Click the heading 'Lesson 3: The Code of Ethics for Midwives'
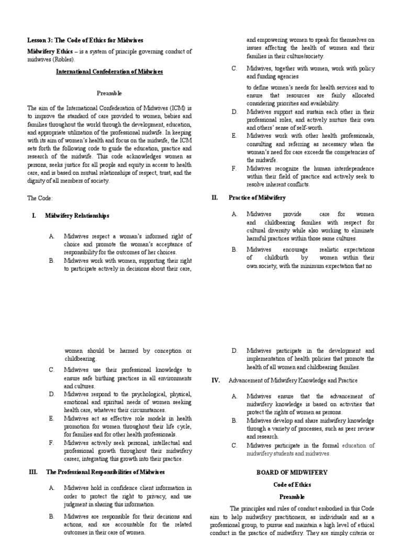tap(85, 40)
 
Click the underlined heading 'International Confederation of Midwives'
tap(109, 71)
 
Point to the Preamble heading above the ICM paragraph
tap(109, 93)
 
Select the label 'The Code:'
tap(40, 198)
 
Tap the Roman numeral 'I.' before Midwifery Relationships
tap(34, 216)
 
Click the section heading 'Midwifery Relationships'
tap(77, 216)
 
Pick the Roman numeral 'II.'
tap(214, 197)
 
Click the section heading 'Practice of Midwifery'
tap(257, 197)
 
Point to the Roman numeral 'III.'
tap(33, 472)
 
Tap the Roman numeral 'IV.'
tap(215, 380)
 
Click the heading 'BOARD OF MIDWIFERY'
tap(292, 472)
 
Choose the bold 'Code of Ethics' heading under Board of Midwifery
tap(292, 485)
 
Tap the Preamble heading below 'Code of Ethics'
tap(292, 496)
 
